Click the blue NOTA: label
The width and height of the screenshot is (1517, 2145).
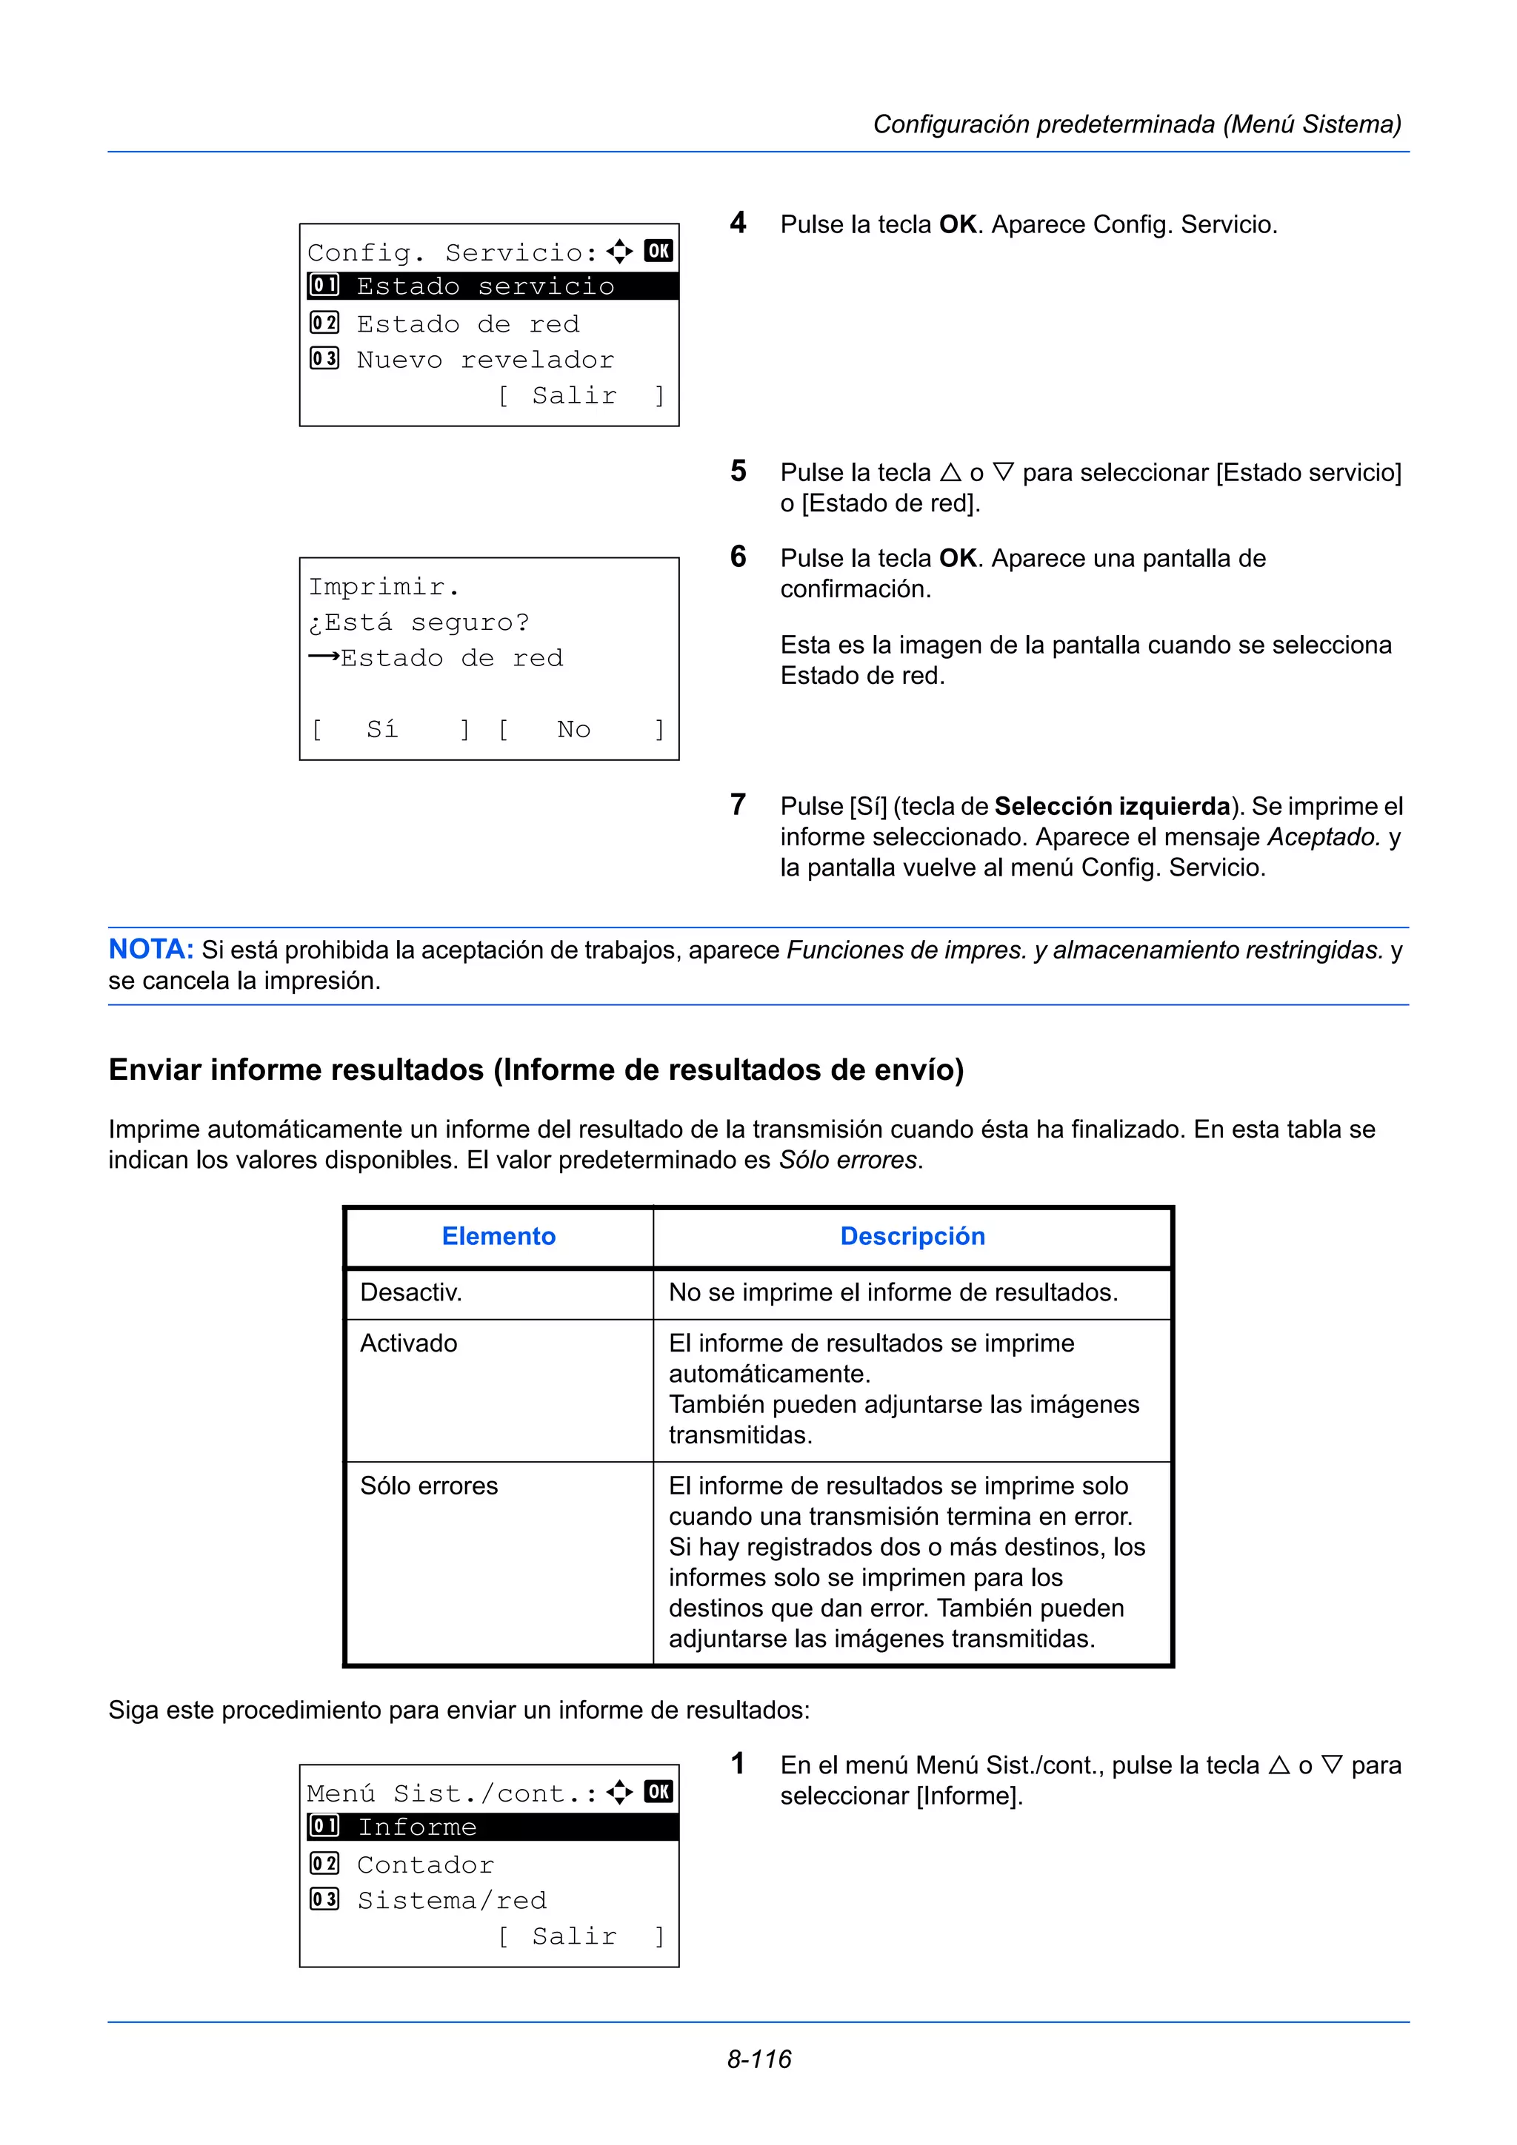pyautogui.click(x=150, y=949)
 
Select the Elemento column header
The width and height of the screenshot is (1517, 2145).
pyautogui.click(x=499, y=1236)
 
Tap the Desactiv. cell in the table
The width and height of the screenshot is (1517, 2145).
pyautogui.click(x=411, y=1292)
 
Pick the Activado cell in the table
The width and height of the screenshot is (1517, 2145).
pyautogui.click(x=408, y=1343)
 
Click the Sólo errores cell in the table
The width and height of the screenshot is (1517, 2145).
pyautogui.click(x=429, y=1486)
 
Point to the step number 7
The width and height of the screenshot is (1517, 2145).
pyautogui.click(x=739, y=805)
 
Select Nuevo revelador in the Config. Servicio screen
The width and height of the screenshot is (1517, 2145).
pyautogui.click(x=485, y=360)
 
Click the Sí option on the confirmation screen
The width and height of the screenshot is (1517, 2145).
pyautogui.click(x=382, y=729)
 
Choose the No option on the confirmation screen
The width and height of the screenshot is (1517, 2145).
pyautogui.click(x=573, y=729)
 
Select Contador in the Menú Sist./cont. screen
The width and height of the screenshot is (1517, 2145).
pyautogui.click(x=425, y=1864)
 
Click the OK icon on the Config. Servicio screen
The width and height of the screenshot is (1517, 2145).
pyautogui.click(x=658, y=250)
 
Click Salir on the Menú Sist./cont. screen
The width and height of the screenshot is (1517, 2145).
pyautogui.click(x=574, y=1937)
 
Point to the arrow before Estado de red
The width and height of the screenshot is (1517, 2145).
pyautogui.click(x=324, y=657)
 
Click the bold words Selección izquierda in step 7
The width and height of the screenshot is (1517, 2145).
pyautogui.click(x=1113, y=806)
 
